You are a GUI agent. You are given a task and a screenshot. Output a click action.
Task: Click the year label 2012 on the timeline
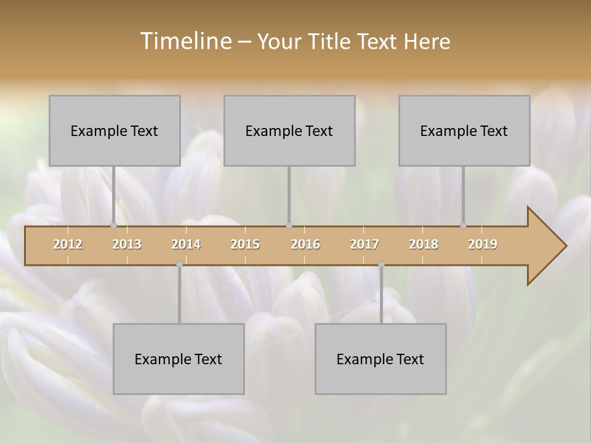[x=68, y=244]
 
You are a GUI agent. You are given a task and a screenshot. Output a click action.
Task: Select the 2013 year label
[x=127, y=244]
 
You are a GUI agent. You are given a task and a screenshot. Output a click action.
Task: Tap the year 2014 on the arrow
[x=186, y=244]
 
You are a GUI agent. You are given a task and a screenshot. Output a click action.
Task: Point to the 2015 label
[x=245, y=244]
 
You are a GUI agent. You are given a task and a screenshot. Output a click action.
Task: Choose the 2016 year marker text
[x=305, y=244]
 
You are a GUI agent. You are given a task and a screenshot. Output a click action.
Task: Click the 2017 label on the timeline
[x=364, y=244]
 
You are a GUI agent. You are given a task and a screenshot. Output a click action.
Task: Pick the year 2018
[x=424, y=244]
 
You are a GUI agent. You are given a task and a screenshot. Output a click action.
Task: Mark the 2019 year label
[x=483, y=244]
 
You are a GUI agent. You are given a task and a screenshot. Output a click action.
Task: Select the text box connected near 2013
[x=115, y=130]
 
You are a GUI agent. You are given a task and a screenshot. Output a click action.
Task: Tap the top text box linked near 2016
[x=289, y=130]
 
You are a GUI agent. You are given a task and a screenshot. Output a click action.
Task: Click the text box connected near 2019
[x=464, y=130]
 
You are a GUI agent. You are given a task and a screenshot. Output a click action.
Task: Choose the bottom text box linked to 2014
[x=179, y=359]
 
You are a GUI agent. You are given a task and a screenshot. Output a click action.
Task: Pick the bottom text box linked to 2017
[x=380, y=359]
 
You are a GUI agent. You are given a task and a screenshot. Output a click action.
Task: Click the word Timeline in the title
[x=185, y=41]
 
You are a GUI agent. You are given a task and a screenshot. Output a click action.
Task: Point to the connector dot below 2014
[x=179, y=264]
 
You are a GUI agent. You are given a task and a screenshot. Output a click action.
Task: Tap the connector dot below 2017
[x=381, y=264]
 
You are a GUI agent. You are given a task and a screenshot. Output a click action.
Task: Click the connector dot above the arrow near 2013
[x=113, y=225]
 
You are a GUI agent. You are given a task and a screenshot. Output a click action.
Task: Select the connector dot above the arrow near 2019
[x=463, y=225]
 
